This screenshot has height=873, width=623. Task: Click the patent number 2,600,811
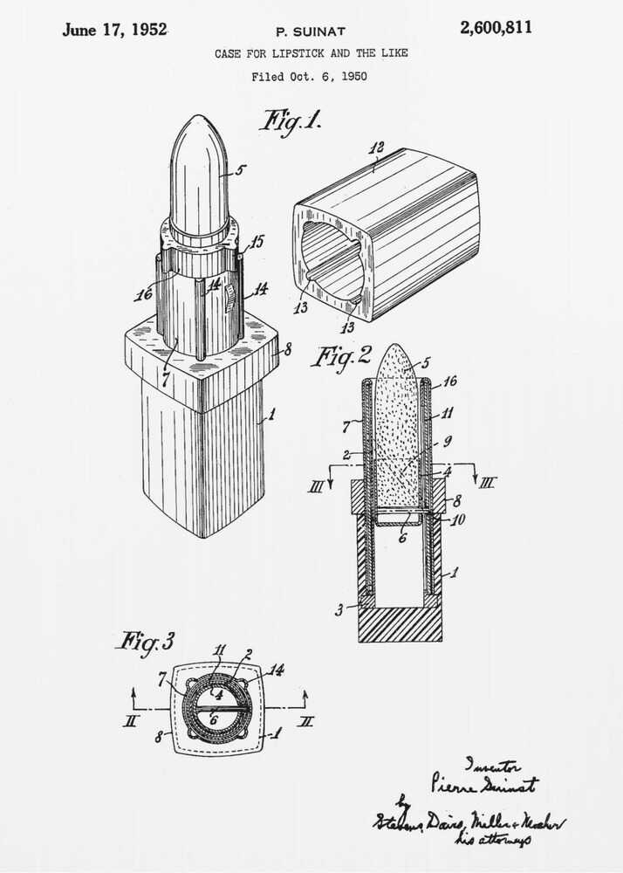pos(496,28)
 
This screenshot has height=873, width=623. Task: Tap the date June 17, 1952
pos(114,30)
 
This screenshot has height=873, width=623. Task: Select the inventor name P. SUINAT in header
pos(311,32)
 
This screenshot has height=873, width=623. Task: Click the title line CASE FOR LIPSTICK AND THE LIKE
pos(311,54)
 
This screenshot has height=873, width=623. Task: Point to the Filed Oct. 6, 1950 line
pos(309,77)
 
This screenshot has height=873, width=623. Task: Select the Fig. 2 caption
pos(341,356)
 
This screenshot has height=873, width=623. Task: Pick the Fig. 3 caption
pos(145,643)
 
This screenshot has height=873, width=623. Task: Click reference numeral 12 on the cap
pos(376,148)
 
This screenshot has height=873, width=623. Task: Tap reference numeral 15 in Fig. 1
pos(257,241)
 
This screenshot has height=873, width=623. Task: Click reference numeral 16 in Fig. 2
pos(450,382)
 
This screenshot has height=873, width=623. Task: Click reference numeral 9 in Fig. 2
pos(447,440)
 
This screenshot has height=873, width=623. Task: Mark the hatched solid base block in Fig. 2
pos(400,625)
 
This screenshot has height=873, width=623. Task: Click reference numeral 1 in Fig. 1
pos(270,416)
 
